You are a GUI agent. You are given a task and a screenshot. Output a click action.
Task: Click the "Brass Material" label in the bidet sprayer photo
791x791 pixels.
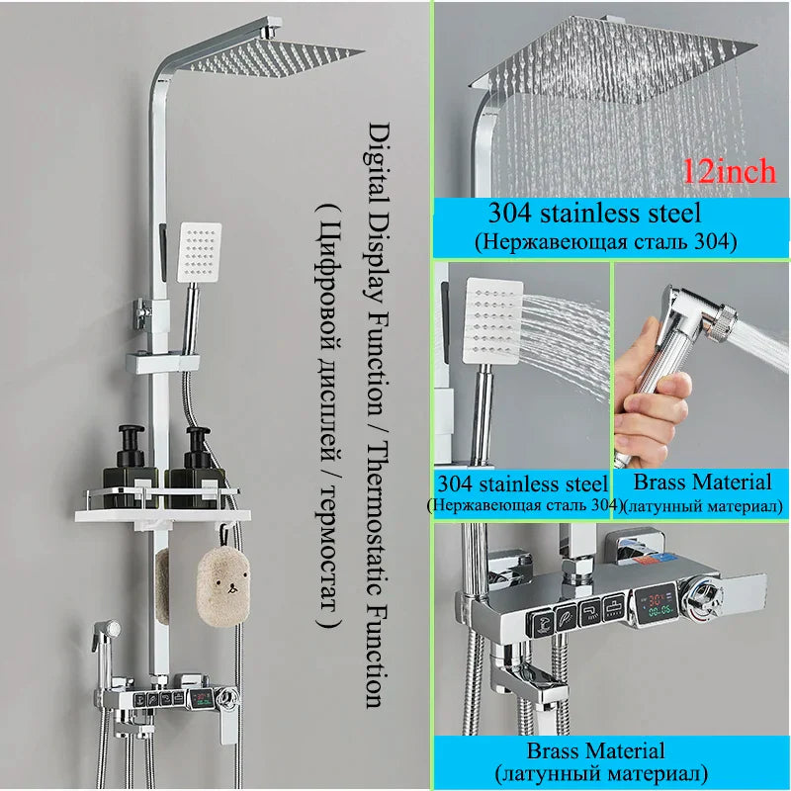point(702,483)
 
